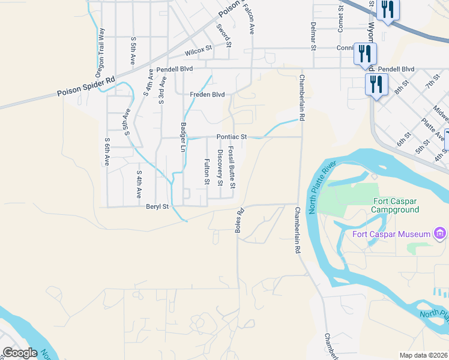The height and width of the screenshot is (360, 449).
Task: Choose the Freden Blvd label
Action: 207,95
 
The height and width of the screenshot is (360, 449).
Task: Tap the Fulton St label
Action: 206,171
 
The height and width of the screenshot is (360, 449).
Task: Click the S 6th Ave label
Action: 107,151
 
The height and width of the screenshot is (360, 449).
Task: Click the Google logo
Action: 20,353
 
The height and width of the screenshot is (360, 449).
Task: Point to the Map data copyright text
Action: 423,355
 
